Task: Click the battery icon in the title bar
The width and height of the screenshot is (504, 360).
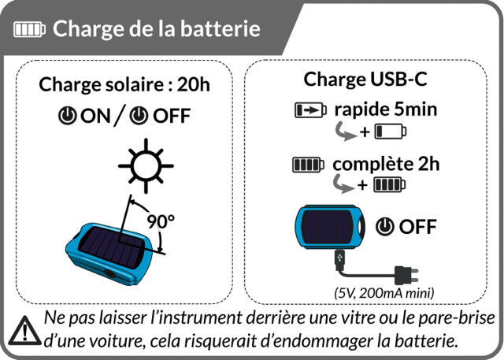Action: click(x=30, y=31)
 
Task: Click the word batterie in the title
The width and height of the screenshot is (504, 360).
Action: click(x=222, y=30)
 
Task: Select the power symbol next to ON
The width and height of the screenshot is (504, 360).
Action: click(x=68, y=116)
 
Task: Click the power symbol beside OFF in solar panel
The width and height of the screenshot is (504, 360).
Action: click(x=140, y=116)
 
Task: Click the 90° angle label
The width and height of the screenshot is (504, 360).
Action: click(x=161, y=221)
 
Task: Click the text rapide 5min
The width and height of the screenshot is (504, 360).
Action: click(x=385, y=109)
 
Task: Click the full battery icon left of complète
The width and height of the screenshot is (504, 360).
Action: click(x=308, y=165)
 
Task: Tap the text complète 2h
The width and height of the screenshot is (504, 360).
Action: click(x=386, y=165)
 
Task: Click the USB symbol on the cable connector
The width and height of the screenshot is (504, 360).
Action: click(x=340, y=258)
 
